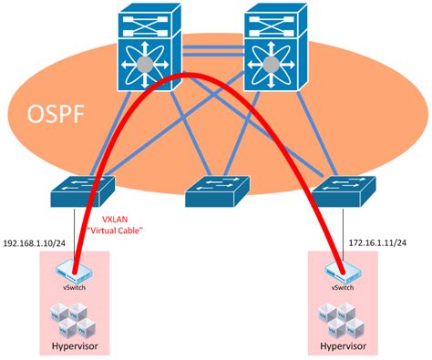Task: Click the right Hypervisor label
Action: pyautogui.click(x=345, y=347)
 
